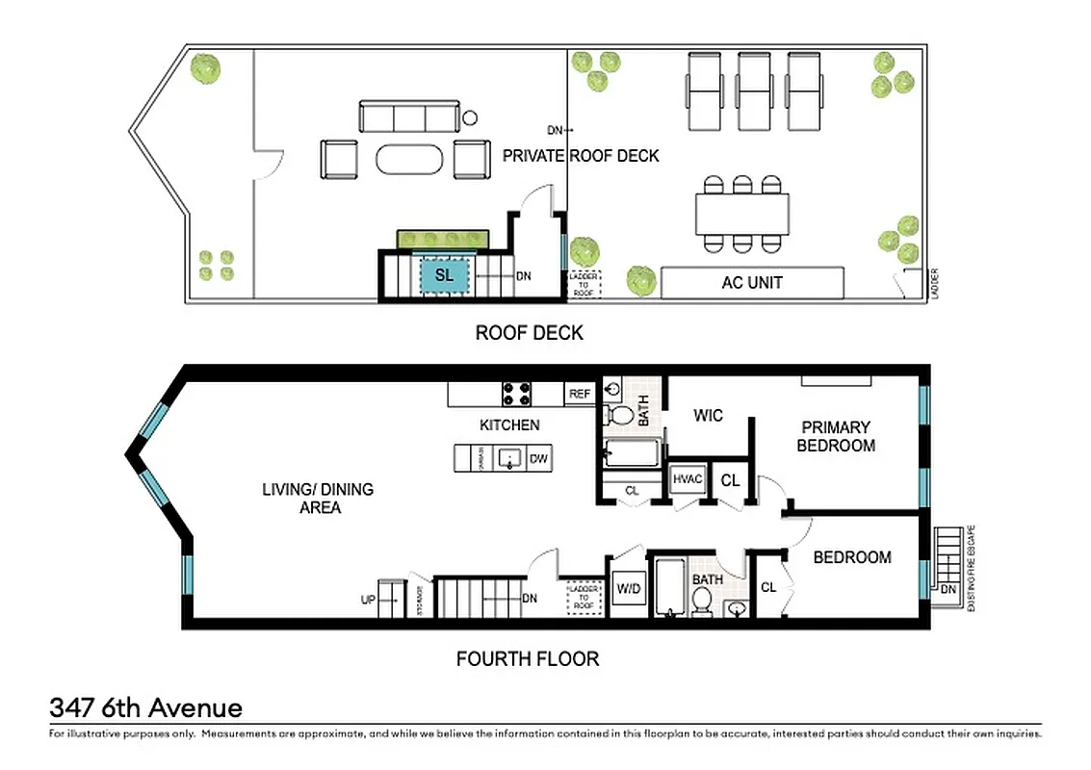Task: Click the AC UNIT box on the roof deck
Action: click(752, 283)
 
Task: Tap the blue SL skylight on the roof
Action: click(444, 275)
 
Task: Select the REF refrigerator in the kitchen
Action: click(580, 394)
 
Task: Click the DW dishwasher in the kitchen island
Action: click(539, 459)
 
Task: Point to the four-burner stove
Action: click(517, 394)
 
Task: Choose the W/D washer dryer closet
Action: click(628, 587)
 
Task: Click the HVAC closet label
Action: click(688, 479)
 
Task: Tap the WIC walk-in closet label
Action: click(708, 416)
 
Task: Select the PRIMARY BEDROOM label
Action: click(835, 436)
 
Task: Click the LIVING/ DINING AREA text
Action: click(318, 499)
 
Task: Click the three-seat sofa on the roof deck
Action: click(408, 117)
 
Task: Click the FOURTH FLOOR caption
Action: click(527, 659)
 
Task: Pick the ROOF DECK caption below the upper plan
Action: click(529, 333)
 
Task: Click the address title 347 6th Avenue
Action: click(145, 709)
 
